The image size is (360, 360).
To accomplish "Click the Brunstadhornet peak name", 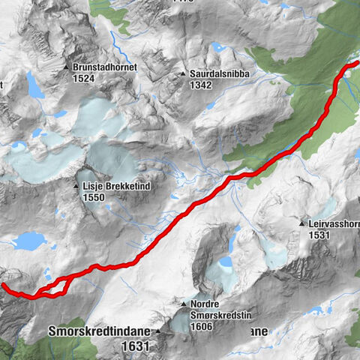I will tap(104, 67).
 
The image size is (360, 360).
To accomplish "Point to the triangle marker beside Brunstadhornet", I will tap(67, 67).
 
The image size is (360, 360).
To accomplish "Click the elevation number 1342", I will tap(201, 85).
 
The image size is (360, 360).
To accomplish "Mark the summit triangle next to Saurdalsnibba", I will tap(183, 74).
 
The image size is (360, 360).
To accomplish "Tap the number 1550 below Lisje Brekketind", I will tap(95, 196).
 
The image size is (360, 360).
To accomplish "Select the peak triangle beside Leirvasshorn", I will tap(301, 223).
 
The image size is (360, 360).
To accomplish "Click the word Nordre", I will tap(205, 304).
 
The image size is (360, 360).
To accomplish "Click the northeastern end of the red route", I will tap(353, 65).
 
